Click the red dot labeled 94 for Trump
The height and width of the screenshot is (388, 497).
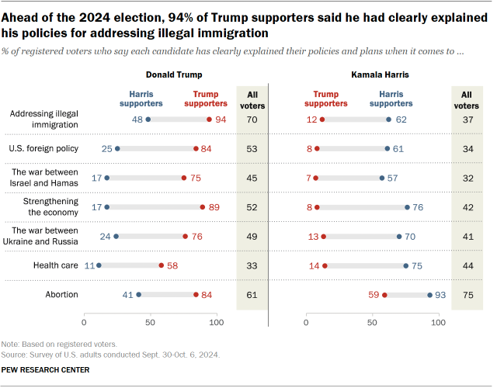pos(209,120)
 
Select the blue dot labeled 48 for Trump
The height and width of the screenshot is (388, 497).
pos(148,120)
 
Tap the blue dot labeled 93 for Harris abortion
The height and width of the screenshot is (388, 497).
pos(429,295)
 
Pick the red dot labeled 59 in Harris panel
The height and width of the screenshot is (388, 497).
pos(384,295)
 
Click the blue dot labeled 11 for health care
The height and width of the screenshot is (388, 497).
pos(99,265)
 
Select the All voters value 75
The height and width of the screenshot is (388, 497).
pos(466,295)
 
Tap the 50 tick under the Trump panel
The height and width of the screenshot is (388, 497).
pos(150,321)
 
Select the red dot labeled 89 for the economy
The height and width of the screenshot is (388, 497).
pos(202,207)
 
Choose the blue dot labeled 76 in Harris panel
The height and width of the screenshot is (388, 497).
pos(407,207)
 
